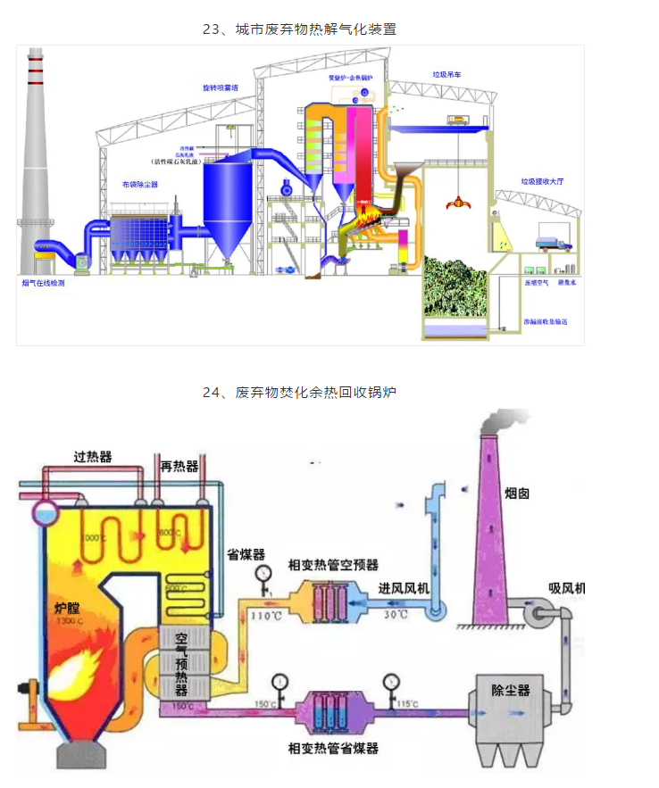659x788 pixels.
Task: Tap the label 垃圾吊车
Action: [x=447, y=75]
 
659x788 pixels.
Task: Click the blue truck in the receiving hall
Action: [x=552, y=241]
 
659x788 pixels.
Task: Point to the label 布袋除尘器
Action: [x=140, y=184]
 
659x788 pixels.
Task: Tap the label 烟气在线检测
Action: [x=43, y=283]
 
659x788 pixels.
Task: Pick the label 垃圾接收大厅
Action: [x=543, y=182]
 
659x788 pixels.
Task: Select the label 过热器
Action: [x=93, y=457]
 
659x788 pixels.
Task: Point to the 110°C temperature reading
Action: [x=263, y=615]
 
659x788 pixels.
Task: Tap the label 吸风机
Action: [x=566, y=588]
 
